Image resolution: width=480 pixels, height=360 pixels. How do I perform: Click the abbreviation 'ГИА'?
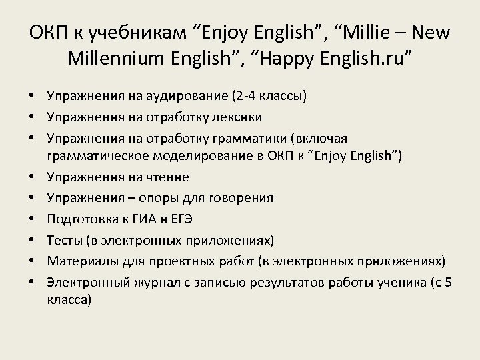coord(160,219)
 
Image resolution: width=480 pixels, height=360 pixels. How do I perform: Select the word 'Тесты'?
coord(64,239)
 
